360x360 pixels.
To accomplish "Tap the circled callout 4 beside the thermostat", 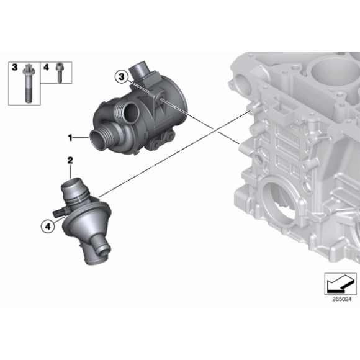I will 47,227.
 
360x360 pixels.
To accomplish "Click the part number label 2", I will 70,161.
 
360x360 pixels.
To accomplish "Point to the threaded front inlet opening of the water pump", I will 101,140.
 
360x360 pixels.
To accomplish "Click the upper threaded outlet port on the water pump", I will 130,115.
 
